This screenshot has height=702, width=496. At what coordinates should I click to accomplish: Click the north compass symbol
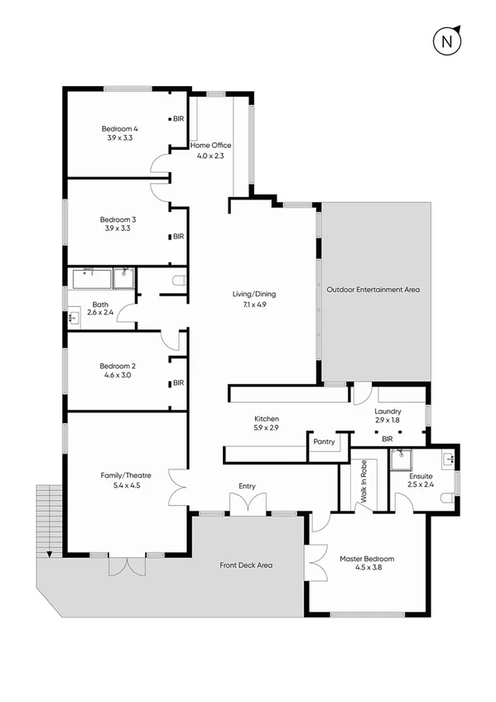(448, 40)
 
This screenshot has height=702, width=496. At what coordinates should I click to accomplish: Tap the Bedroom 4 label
(119, 128)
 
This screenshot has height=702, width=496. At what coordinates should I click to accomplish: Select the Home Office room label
(210, 146)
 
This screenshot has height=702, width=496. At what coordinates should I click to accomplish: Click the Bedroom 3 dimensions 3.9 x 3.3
(118, 228)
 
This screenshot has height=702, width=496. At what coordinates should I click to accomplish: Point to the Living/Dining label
(254, 294)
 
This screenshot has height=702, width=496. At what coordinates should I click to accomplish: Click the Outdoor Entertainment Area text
(373, 290)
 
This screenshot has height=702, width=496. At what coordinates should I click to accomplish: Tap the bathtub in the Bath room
(89, 278)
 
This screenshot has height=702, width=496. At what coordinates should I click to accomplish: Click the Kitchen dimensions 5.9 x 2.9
(266, 429)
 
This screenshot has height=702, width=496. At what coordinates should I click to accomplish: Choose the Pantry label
(324, 442)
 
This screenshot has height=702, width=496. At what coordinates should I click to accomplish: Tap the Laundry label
(388, 411)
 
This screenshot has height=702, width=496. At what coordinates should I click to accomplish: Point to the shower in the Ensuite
(404, 455)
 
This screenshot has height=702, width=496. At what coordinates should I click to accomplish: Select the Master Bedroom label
(367, 560)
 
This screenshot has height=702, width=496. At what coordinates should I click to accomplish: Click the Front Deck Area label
(246, 565)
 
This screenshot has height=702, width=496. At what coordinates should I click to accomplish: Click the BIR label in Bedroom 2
(177, 383)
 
